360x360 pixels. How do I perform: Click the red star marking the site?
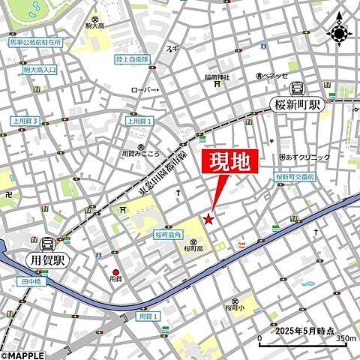coord(208,219)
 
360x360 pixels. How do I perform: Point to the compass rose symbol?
coord(339,33)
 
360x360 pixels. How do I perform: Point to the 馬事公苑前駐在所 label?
coord(36,43)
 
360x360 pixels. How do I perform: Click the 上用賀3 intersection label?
coord(25,120)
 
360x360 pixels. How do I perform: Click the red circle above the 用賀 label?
coord(115,272)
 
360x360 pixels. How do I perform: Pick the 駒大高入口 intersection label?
coord(40,70)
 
